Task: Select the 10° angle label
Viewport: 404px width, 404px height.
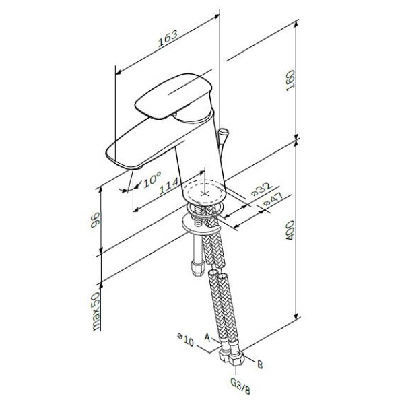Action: (x=151, y=179)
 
